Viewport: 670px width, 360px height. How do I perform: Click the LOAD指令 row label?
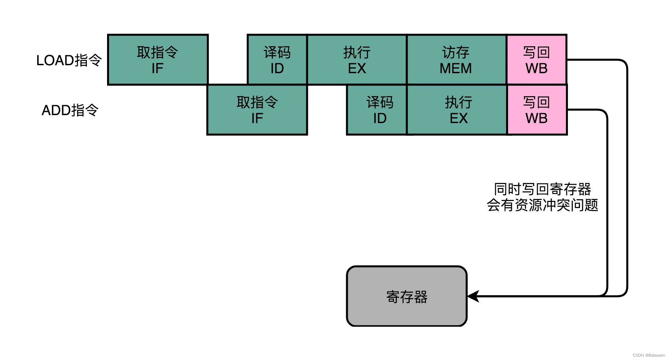pyautogui.click(x=69, y=60)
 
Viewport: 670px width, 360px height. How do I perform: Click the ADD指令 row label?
pyautogui.click(x=70, y=110)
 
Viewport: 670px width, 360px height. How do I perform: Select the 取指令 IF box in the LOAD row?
pyautogui.click(x=158, y=60)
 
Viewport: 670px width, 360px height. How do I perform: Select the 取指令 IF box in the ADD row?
pyautogui.click(x=257, y=110)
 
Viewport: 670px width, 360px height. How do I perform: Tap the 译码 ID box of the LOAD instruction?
pyautogui.click(x=277, y=60)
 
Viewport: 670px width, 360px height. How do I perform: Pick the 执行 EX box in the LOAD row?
pyautogui.click(x=357, y=60)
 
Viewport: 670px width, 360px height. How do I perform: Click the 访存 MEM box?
pyautogui.click(x=456, y=60)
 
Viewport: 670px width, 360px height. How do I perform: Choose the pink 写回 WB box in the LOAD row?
pyautogui.click(x=537, y=60)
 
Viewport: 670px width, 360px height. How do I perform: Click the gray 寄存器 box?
pyautogui.click(x=407, y=296)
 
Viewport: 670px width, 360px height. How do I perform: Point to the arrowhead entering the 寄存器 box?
pyautogui.click(x=473, y=296)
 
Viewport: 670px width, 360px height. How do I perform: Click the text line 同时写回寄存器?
pyautogui.click(x=542, y=189)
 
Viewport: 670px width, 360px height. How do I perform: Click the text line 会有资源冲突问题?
pyautogui.click(x=542, y=205)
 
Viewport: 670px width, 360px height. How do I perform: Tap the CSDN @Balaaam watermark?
pyautogui.click(x=648, y=355)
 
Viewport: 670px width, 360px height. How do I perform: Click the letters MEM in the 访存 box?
pyautogui.click(x=456, y=69)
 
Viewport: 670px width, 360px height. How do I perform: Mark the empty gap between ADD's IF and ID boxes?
pyautogui.click(x=327, y=110)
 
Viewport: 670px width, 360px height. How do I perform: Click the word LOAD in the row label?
pyautogui.click(x=55, y=61)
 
